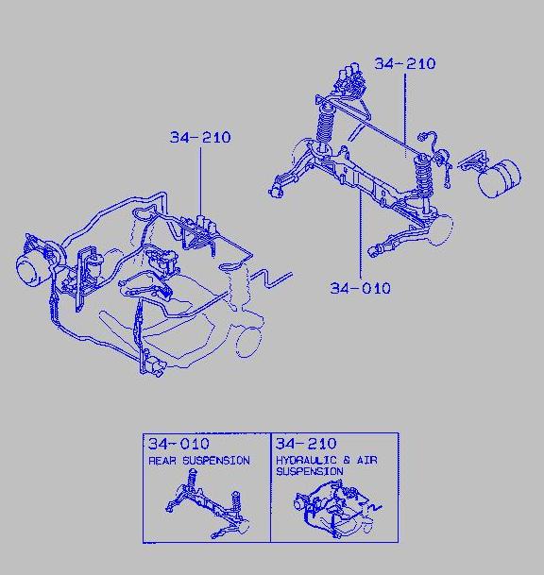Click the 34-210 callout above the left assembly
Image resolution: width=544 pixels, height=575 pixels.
tap(200, 137)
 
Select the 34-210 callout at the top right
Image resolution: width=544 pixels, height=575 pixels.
tap(405, 63)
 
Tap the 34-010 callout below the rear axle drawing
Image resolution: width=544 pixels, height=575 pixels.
tap(360, 288)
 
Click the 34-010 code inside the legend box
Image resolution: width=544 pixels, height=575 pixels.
tap(178, 444)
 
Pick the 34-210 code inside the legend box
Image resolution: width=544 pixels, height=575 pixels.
tap(306, 444)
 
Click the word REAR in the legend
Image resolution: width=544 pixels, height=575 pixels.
tap(162, 461)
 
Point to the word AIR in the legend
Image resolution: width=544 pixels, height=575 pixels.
tap(367, 460)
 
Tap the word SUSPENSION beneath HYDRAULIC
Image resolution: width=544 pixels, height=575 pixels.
tap(310, 471)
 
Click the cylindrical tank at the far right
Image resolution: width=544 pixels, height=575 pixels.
tap(500, 178)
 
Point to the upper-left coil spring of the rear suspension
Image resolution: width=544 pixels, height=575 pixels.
tap(324, 124)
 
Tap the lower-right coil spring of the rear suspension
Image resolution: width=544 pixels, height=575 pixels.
tap(424, 176)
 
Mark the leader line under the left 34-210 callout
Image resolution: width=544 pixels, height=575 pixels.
tap(200, 180)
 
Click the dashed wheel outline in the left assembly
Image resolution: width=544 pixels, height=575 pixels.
tap(248, 342)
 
